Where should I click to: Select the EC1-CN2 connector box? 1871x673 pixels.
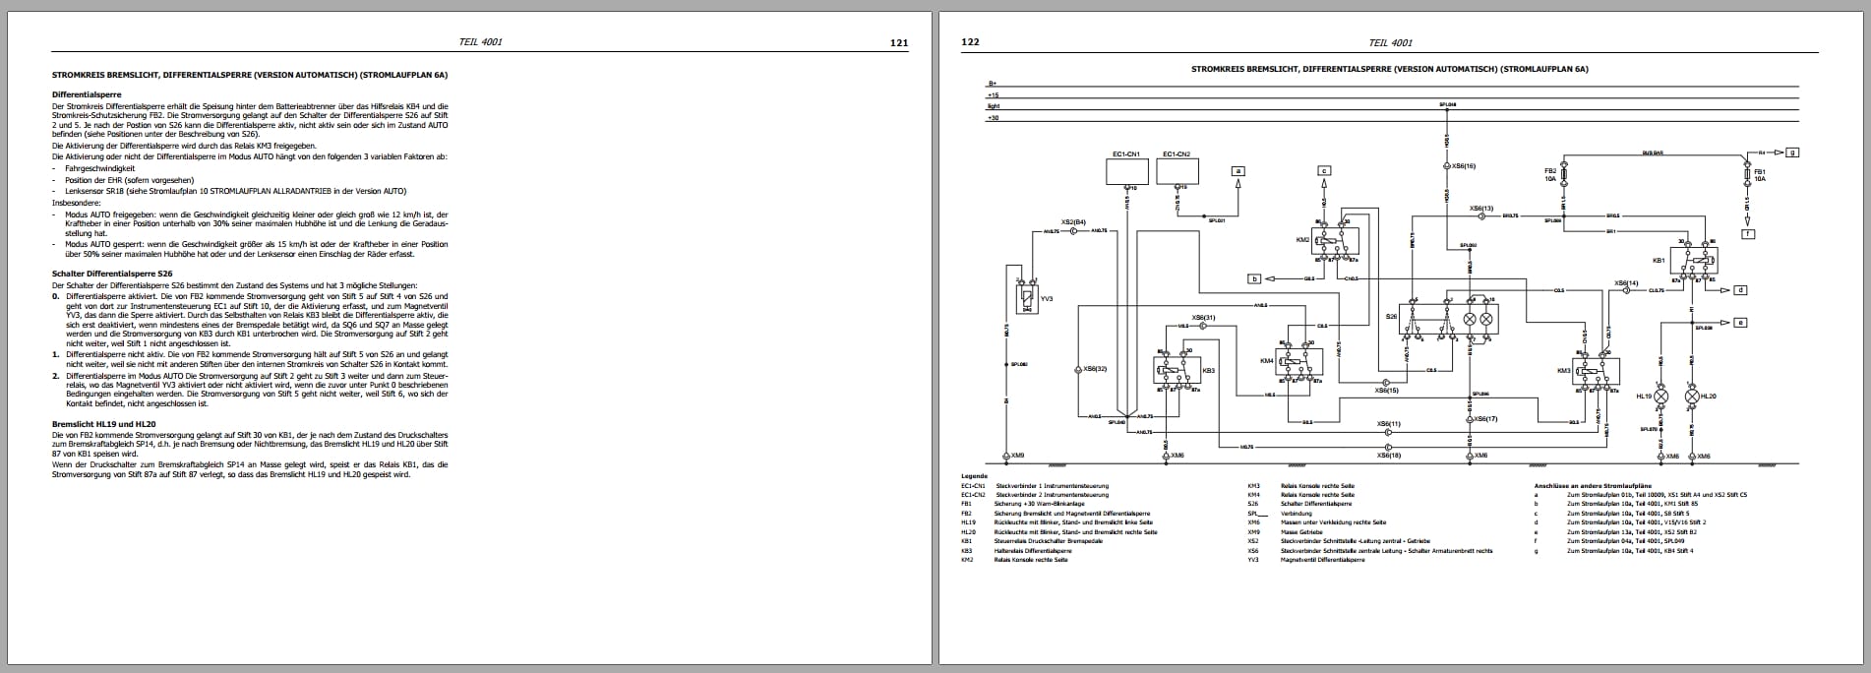point(1177,172)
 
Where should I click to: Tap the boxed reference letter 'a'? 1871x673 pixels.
point(1238,170)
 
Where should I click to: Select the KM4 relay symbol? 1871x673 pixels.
point(1298,362)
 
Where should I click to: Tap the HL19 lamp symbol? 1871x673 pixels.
point(1661,397)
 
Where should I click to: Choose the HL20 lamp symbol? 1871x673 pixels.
point(1692,397)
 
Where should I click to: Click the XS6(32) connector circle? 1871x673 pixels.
point(1080,369)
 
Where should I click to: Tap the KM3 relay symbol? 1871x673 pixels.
point(1595,371)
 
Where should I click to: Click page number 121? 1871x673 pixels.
point(898,42)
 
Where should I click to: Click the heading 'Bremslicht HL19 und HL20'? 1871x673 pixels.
point(103,424)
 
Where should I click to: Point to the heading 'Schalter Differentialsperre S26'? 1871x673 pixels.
point(112,273)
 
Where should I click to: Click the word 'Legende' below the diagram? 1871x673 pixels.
point(974,476)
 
